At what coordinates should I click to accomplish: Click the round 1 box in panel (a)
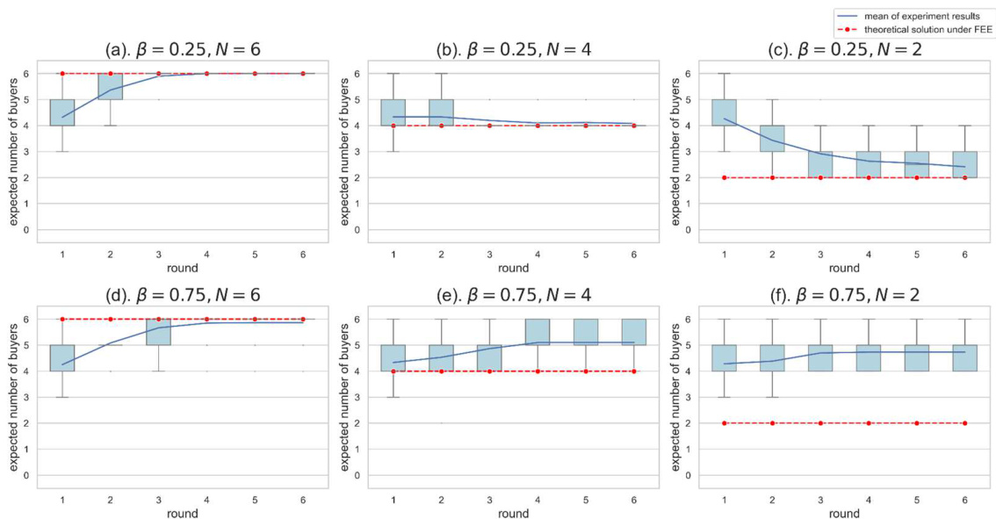click(62, 112)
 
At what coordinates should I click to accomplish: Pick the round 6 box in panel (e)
click(632, 332)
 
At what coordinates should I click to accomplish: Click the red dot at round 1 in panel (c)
click(724, 177)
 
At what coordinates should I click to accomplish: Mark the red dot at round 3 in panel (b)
click(489, 126)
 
